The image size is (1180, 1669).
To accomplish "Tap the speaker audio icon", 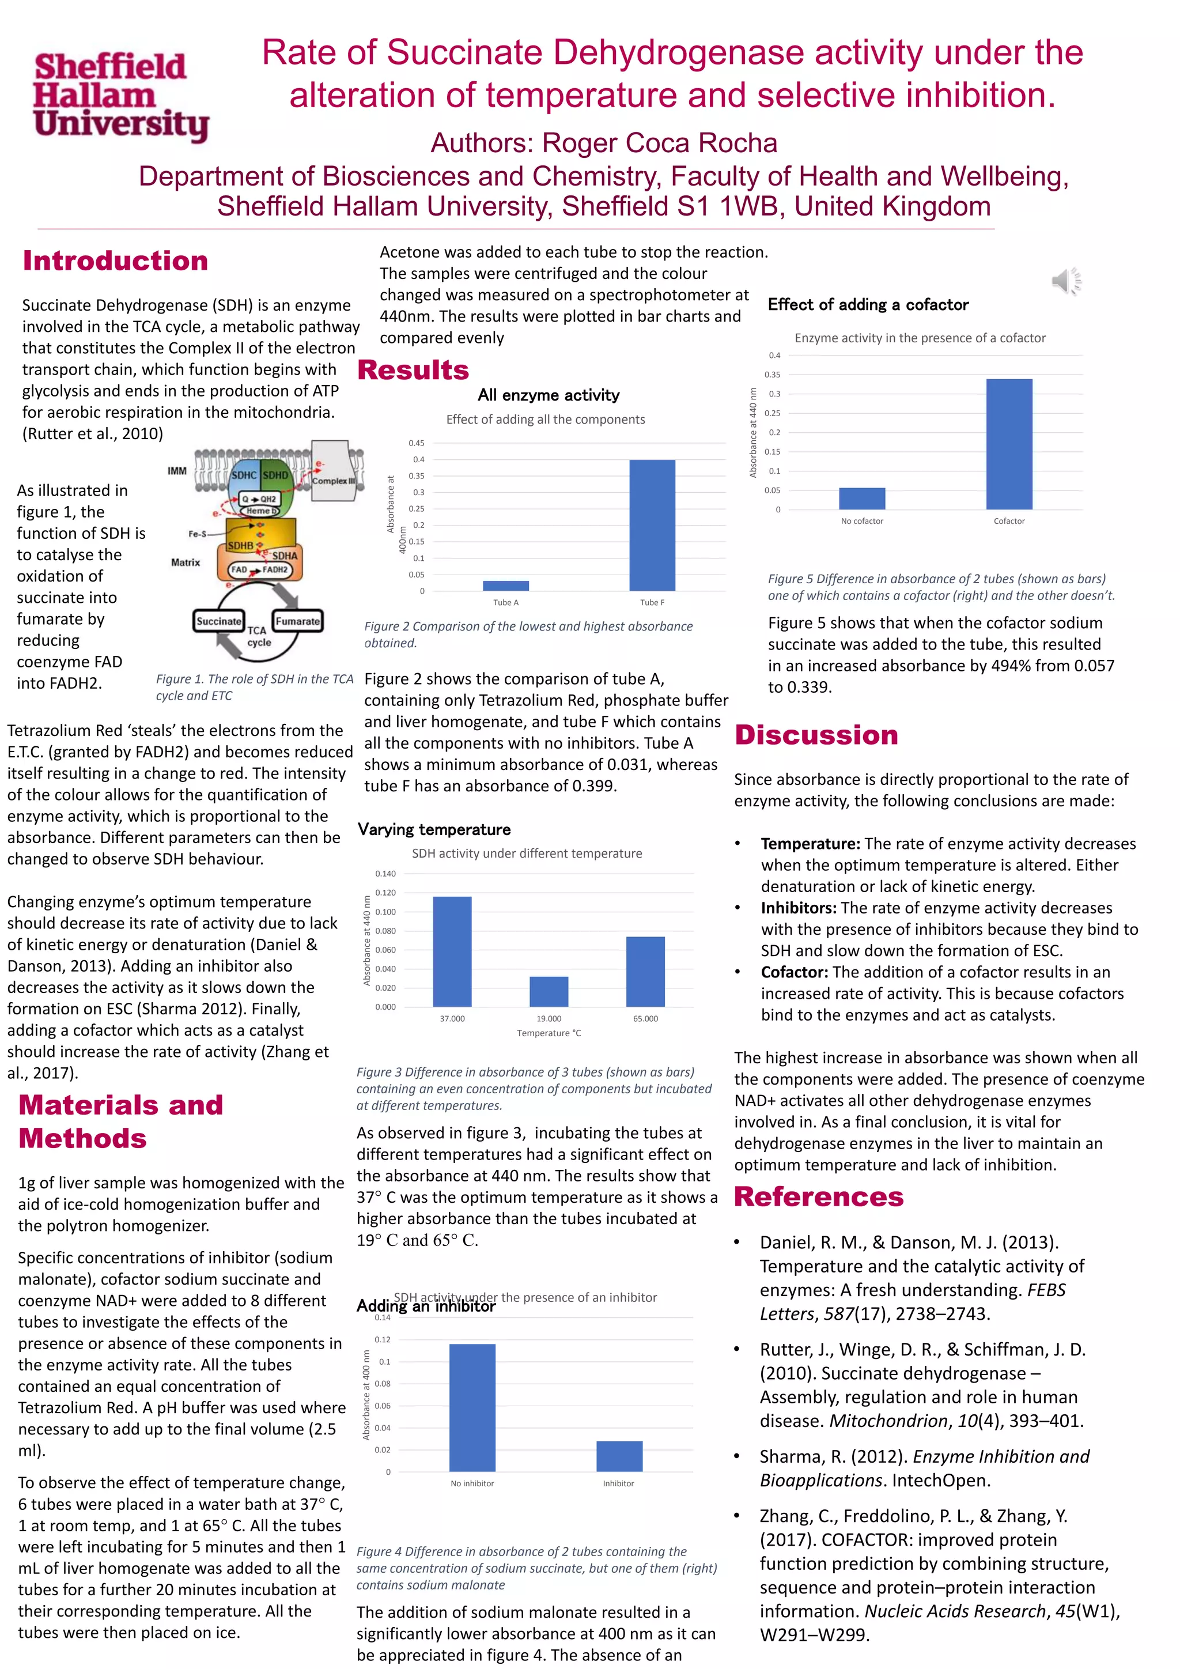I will [x=1066, y=281].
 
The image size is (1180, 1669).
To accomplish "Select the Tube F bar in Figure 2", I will [x=652, y=525].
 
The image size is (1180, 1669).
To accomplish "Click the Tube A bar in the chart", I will [x=506, y=585].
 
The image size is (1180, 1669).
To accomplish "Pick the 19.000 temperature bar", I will [x=549, y=991].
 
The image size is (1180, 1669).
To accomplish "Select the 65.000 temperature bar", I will [x=645, y=971].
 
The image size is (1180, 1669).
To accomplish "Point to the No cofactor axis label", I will [x=862, y=521].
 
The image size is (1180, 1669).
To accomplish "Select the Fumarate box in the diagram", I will [x=297, y=621].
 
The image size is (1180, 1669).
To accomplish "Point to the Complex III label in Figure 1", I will [x=334, y=481].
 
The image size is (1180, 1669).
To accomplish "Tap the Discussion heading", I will [x=816, y=735].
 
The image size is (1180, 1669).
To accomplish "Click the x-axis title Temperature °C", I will [x=549, y=1033].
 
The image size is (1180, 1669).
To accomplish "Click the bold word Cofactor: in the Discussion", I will [x=794, y=972].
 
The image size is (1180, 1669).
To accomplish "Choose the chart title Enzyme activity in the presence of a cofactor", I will [x=920, y=338].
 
